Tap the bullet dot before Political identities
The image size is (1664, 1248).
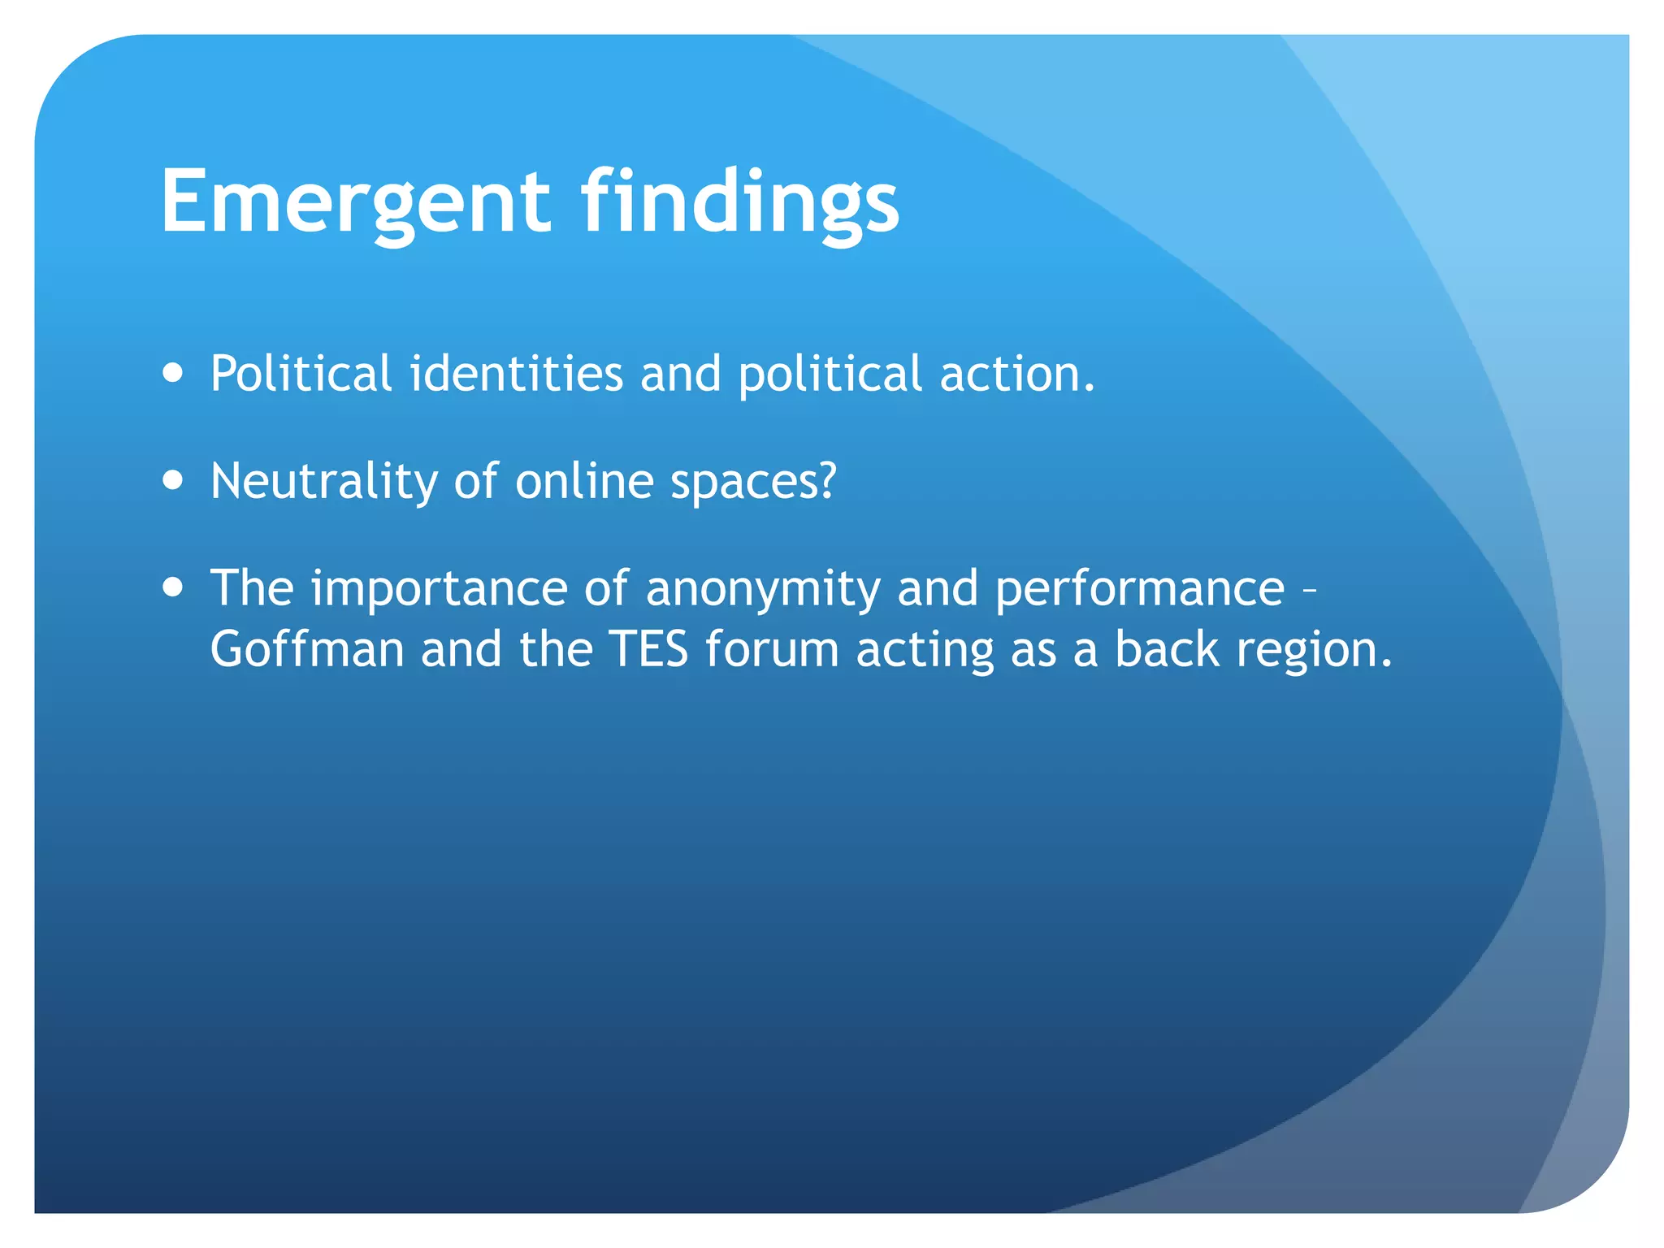point(172,373)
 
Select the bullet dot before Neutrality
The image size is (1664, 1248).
point(172,480)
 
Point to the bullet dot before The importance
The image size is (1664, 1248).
point(172,587)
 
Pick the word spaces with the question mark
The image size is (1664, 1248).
point(753,482)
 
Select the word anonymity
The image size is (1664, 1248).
point(763,589)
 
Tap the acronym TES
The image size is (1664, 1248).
point(648,649)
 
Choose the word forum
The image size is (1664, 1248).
point(772,649)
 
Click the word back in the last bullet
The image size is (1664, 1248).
point(1167,649)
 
